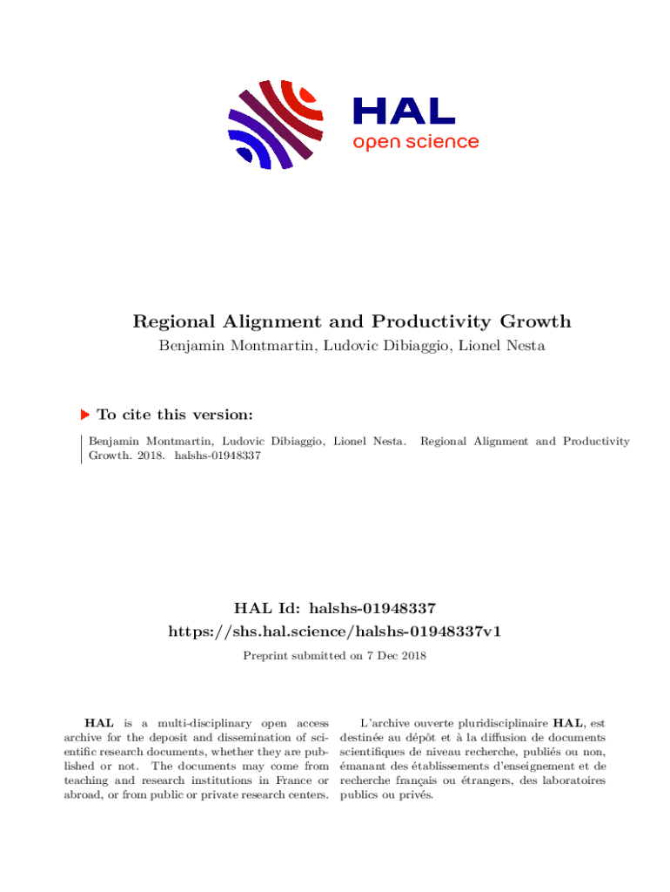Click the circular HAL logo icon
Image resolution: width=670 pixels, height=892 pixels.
[x=275, y=124]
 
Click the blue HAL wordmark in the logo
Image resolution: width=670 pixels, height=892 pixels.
[x=403, y=111]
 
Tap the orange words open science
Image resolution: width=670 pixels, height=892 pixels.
[x=415, y=142]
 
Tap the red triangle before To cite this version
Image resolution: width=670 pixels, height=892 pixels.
[x=85, y=415]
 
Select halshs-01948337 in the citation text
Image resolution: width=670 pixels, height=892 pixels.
[x=218, y=456]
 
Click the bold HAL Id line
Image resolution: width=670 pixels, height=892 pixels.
[x=334, y=608]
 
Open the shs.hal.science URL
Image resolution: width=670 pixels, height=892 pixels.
[x=334, y=631]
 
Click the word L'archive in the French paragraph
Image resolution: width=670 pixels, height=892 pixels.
[x=382, y=723]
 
